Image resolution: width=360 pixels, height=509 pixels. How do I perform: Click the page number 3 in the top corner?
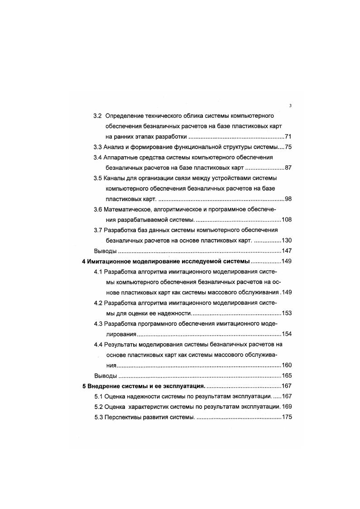pos(290,106)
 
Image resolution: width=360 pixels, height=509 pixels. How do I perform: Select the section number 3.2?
pos(98,116)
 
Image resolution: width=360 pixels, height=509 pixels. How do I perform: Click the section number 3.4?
pos(98,158)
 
